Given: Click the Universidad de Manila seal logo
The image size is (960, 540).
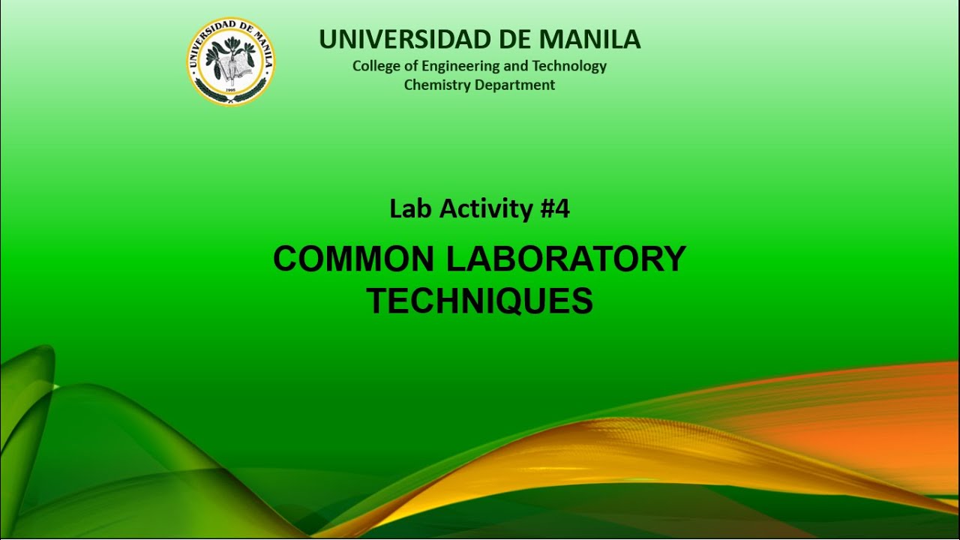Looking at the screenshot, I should [230, 61].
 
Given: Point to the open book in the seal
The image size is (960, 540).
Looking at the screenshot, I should [238, 68].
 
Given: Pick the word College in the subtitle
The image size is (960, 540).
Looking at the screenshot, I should [376, 66].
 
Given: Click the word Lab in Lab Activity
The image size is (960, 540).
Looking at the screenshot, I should [410, 209].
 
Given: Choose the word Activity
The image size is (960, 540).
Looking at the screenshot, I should [485, 209].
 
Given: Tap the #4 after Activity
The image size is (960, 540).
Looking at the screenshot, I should [555, 209].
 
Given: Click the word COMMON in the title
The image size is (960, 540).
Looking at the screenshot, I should [354, 259].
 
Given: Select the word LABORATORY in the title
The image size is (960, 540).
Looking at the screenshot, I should [566, 259].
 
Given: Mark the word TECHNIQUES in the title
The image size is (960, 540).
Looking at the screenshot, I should [480, 301].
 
